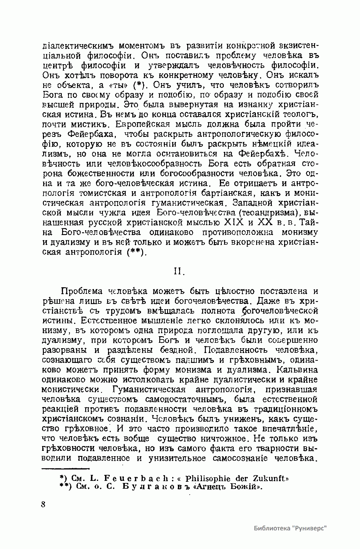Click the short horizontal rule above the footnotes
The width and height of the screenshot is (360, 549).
pyautogui.click(x=66, y=468)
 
